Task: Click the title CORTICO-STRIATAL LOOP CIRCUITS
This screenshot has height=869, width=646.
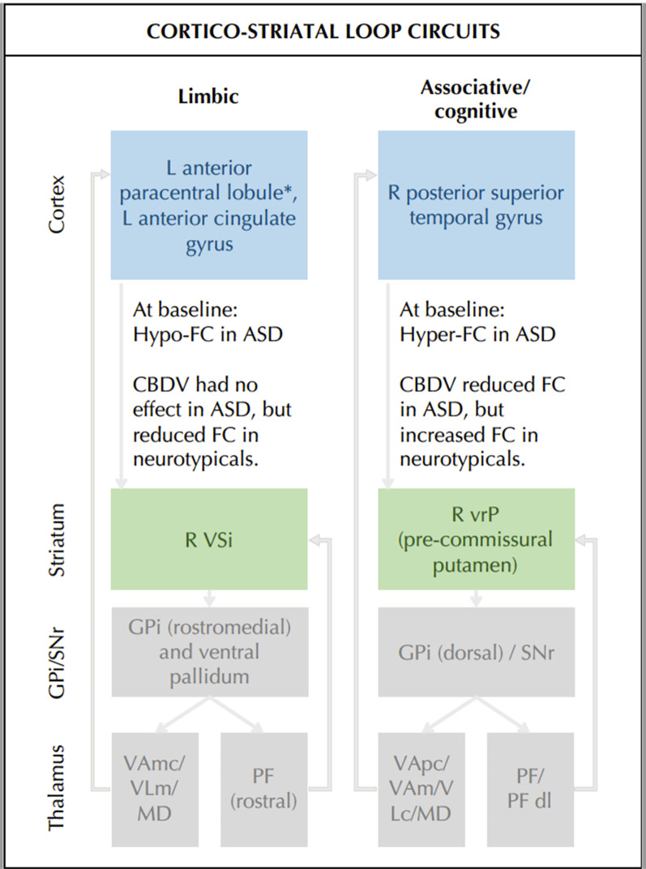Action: pos(323,32)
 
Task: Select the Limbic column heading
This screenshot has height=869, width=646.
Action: pos(209,96)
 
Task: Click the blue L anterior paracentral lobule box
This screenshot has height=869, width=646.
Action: pos(209,206)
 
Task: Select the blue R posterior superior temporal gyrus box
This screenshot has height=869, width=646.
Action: pos(476,206)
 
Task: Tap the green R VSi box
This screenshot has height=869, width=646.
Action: pos(209,539)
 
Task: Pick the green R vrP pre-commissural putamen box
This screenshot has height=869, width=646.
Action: pos(476,539)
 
